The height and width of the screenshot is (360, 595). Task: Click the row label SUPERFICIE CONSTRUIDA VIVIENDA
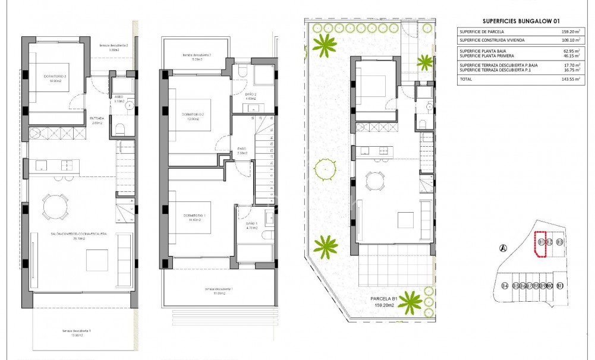coord(492,40)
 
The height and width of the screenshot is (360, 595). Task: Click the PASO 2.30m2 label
coord(242,151)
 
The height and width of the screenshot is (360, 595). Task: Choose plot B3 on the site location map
coord(559,242)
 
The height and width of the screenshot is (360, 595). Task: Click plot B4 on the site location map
coord(505,286)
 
